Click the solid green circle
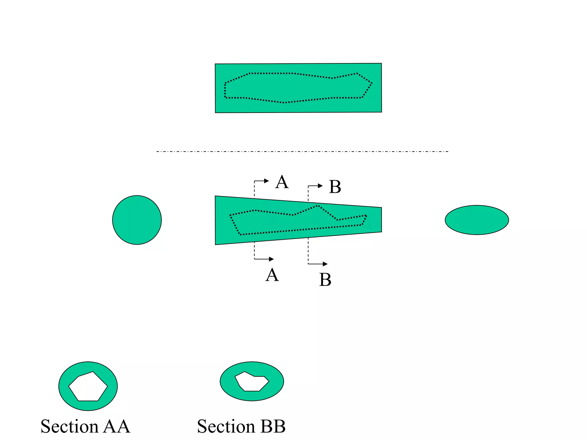click(137, 220)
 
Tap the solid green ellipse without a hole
click(477, 220)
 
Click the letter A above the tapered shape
click(282, 182)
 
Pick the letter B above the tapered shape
click(335, 187)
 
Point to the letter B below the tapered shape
click(325, 280)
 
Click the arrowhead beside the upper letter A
click(267, 181)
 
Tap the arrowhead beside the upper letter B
click(320, 186)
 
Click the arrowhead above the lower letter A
click(271, 259)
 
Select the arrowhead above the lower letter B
click(325, 264)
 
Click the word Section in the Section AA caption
click(69, 427)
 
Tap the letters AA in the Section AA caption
click(117, 427)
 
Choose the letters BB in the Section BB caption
click(273, 427)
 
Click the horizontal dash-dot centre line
click(302, 151)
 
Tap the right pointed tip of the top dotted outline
click(372, 83)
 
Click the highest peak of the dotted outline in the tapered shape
click(318, 205)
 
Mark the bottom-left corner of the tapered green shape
click(216, 244)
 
